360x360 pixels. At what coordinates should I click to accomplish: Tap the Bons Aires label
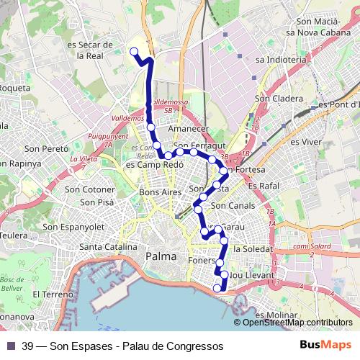coord(160,193)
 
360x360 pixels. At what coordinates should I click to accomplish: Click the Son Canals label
coord(233,206)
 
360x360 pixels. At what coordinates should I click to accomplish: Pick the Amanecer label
coord(187,129)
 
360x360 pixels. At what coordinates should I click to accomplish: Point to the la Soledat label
coord(253,248)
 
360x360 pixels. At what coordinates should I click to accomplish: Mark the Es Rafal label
coord(262,186)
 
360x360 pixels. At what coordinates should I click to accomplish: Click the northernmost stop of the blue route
coord(134,50)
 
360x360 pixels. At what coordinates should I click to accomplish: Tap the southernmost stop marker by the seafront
coord(217,289)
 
